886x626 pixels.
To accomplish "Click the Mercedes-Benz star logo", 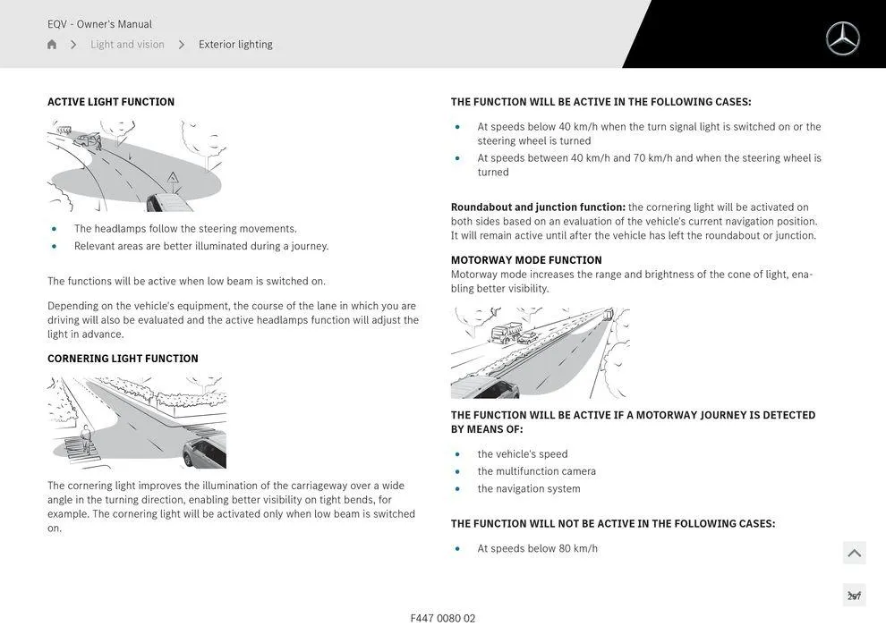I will (842, 38).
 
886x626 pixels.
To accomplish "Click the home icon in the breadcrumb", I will (52, 45).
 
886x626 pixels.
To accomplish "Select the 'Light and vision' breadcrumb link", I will (127, 45).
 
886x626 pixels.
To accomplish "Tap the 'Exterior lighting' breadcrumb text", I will (235, 45).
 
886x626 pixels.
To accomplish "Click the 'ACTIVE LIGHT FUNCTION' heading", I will (111, 102).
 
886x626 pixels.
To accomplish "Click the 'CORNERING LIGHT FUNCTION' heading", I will (123, 359).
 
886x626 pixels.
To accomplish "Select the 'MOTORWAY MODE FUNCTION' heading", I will (526, 260).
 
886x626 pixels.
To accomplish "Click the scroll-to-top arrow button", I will (854, 554).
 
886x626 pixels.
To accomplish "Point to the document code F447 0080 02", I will (443, 618).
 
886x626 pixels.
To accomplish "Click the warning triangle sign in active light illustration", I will (173, 178).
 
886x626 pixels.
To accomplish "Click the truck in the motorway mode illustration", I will (506, 334).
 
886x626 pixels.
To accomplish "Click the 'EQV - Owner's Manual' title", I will (99, 24).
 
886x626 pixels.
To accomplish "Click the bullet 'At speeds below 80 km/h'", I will (537, 548).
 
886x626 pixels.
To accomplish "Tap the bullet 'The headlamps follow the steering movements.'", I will (185, 229).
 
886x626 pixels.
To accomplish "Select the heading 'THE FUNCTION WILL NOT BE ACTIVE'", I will (613, 524).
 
